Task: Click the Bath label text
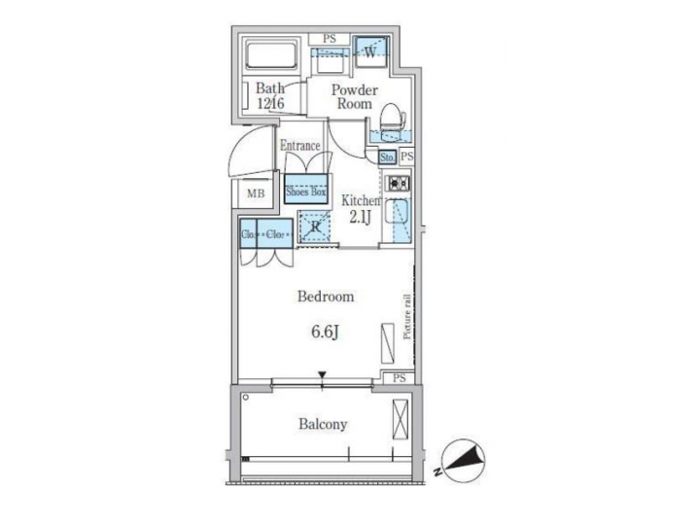[x=271, y=95]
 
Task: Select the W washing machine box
[x=370, y=52]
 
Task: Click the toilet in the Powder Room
[x=391, y=121]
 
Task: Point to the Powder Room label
[x=353, y=96]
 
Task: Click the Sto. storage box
[x=386, y=157]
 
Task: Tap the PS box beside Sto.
[x=406, y=157]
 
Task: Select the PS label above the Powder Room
[x=330, y=40]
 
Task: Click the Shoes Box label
[x=306, y=192]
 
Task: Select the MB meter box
[x=255, y=192]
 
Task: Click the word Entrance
[x=300, y=146]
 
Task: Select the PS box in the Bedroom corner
[x=400, y=377]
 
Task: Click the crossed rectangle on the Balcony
[x=399, y=420]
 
